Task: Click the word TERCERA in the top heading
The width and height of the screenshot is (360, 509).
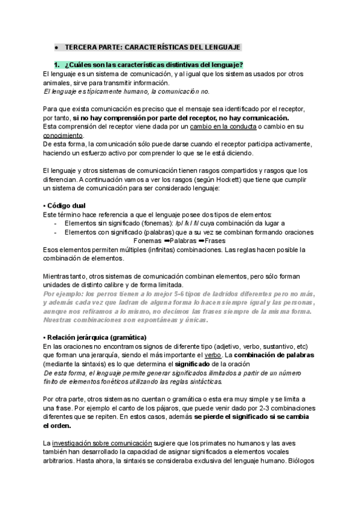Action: coord(79,46)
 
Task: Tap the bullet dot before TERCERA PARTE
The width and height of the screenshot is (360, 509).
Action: coord(56,46)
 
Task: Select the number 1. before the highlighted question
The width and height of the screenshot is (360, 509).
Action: coord(58,65)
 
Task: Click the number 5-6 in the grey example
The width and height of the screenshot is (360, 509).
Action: coord(178,294)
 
